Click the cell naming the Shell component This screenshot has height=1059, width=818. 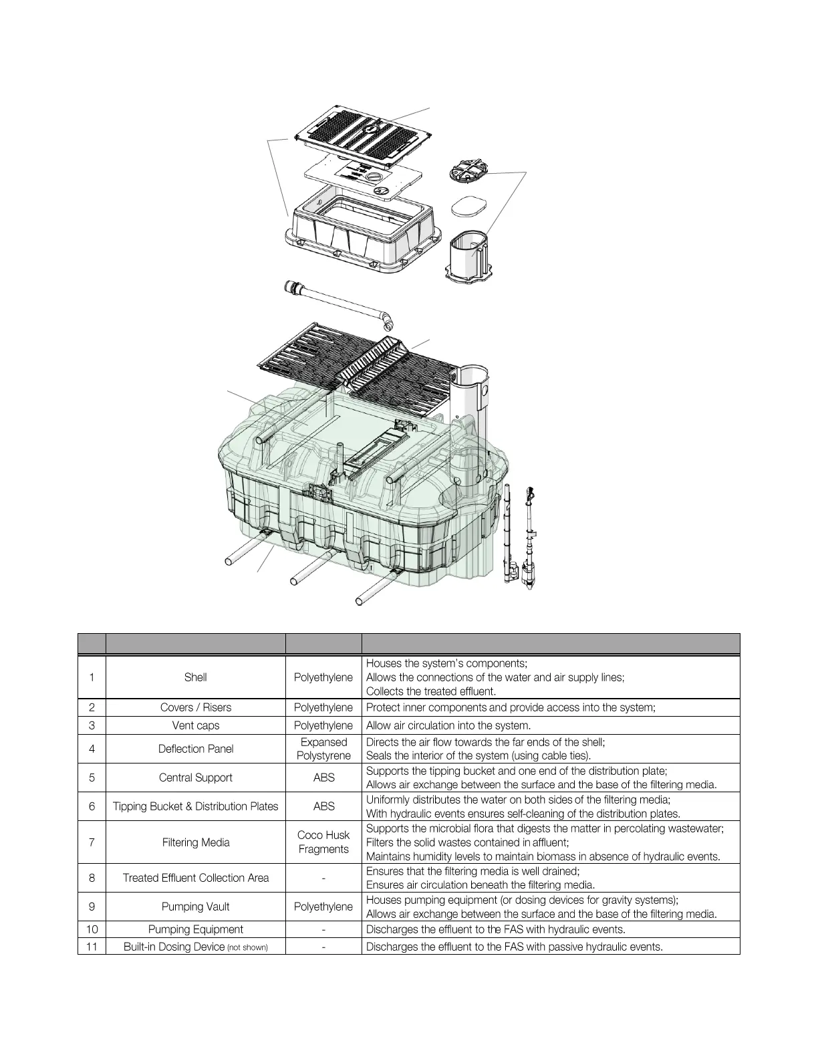point(195,677)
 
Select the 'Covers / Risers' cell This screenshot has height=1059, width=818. point(195,707)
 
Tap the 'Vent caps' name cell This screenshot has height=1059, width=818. point(195,725)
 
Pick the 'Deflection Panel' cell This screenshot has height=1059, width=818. point(195,749)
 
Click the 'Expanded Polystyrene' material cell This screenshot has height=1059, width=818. point(323,749)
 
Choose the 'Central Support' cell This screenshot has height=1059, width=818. point(195,778)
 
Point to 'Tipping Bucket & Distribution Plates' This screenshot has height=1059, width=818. point(195,806)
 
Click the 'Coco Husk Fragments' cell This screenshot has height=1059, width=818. point(323,842)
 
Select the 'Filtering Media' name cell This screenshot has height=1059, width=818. point(195,842)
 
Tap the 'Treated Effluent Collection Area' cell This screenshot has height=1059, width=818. point(195,878)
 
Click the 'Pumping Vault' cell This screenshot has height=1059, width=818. point(195,907)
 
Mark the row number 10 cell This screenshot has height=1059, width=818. point(92,929)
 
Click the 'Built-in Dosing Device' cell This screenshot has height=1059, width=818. point(195,946)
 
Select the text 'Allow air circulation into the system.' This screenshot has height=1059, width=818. point(448,725)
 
